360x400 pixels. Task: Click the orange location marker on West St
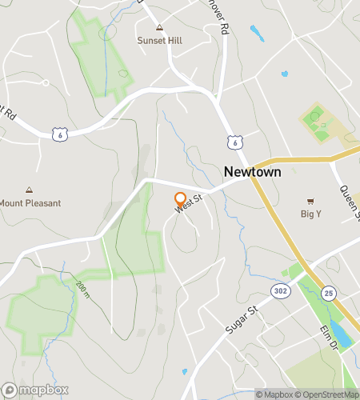coord(180,198)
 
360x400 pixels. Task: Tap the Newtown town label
coord(250,172)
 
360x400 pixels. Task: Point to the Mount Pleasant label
coord(30,203)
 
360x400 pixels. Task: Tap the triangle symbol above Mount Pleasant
coord(30,191)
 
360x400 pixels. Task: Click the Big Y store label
coord(311,214)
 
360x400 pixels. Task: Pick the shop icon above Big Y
coord(311,202)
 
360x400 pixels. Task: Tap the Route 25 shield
coord(329,294)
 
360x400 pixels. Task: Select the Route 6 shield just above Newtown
coord(233,142)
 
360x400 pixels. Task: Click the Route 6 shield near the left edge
coord(59,135)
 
